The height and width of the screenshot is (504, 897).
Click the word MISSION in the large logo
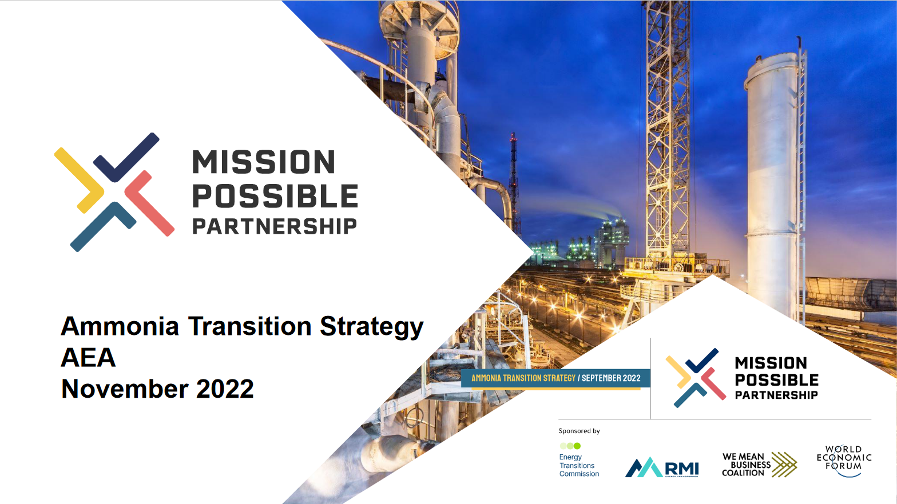click(x=264, y=162)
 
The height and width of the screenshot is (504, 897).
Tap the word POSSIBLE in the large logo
click(x=275, y=196)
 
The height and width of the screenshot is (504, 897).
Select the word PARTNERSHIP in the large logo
click(x=275, y=227)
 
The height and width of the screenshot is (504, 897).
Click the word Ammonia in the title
click(x=120, y=326)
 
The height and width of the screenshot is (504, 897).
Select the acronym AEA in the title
click(x=89, y=358)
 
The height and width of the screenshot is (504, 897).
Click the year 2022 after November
click(x=225, y=389)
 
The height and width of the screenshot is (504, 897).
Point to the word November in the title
click(x=125, y=389)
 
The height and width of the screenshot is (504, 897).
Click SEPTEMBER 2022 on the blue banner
click(x=611, y=378)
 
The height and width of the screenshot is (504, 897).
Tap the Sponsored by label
click(x=579, y=431)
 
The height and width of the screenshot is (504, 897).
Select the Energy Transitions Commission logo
click(x=578, y=460)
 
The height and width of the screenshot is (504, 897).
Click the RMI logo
click(x=662, y=467)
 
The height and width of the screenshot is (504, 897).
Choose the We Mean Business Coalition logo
click(x=759, y=465)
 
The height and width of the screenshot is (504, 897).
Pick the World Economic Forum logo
click(x=844, y=460)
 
